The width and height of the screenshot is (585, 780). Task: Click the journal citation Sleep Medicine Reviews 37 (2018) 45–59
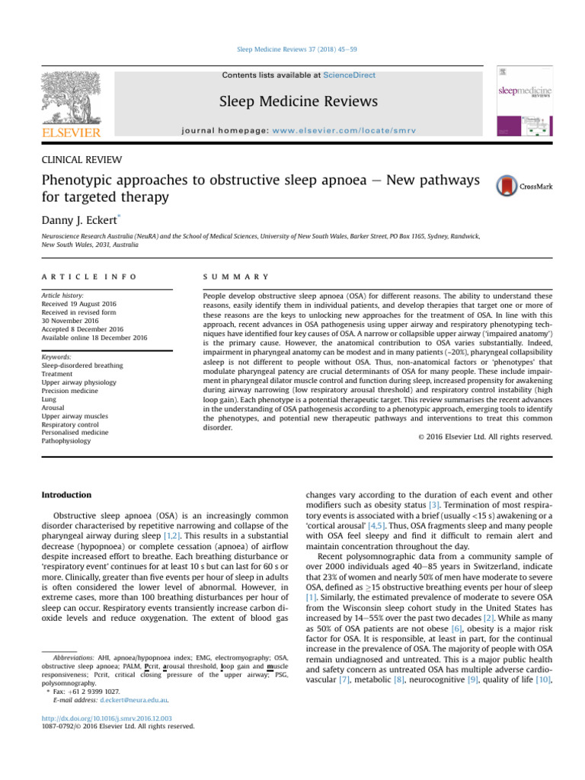pyautogui.click(x=292, y=49)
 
